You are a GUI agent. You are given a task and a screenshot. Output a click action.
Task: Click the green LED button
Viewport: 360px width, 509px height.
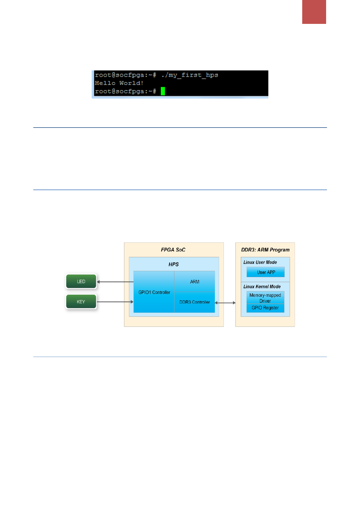(x=81, y=281)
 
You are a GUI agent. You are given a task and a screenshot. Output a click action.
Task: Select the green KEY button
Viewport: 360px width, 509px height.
(x=81, y=302)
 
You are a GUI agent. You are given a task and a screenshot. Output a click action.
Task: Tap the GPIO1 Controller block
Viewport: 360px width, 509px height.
(x=154, y=292)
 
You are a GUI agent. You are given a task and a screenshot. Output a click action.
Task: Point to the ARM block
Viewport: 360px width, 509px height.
(x=195, y=282)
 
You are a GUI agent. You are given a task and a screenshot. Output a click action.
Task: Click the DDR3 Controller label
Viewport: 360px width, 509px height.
(x=195, y=302)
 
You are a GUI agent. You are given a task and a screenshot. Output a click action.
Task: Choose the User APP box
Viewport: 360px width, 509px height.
(x=266, y=272)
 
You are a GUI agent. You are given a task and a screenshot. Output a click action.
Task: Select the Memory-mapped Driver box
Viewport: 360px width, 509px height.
(x=265, y=298)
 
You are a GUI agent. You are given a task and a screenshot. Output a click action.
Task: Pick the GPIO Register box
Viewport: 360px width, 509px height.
(x=265, y=308)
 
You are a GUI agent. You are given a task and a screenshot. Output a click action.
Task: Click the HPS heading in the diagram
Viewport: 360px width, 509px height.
(x=174, y=264)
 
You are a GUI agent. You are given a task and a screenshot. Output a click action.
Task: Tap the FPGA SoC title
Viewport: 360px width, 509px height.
(x=173, y=250)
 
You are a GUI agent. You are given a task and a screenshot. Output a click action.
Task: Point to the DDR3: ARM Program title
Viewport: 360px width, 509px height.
(x=265, y=250)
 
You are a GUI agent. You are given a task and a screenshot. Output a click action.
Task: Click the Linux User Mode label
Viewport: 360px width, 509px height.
(x=260, y=262)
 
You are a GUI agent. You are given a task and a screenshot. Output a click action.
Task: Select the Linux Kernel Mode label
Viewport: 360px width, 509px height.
(x=262, y=287)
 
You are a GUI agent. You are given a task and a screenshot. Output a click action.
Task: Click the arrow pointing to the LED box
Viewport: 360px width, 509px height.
(x=115, y=282)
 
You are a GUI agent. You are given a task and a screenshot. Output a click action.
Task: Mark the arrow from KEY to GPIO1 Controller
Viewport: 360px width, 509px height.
(x=115, y=302)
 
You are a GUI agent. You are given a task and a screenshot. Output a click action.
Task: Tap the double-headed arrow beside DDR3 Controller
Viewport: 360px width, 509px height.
(x=225, y=303)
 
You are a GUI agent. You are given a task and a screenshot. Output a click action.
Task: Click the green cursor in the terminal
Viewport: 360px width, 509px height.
(x=163, y=91)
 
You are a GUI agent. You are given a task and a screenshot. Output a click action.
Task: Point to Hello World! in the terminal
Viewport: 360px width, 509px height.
(x=119, y=83)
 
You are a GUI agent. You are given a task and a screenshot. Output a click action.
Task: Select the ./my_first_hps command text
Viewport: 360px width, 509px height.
(x=190, y=75)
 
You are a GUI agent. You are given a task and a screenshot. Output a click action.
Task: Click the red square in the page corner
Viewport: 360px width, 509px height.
(x=314, y=12)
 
